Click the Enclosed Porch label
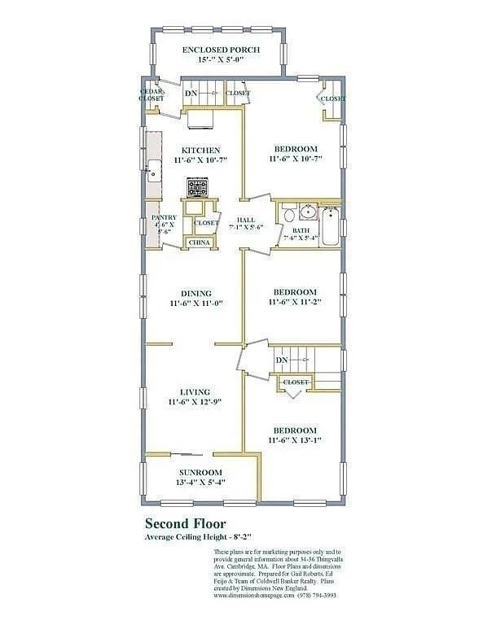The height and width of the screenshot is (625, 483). pos(221,50)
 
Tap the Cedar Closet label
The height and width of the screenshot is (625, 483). pos(151,95)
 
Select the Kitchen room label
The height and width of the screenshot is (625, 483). pos(200,150)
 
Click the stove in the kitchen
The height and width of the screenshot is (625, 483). pos(196,189)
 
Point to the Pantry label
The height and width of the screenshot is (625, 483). pos(164,217)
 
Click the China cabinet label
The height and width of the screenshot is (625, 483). pos(200,243)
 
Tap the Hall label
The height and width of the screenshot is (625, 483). pos(245,221)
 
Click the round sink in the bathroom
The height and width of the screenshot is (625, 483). pos(306,214)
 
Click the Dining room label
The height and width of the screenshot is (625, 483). pos(196,293)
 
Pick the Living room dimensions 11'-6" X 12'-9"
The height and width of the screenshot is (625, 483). pos(195,401)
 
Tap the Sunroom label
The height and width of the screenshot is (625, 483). pos(200,472)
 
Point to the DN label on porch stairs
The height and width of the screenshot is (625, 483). pos(192,94)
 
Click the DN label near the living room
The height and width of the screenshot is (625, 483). pos(282,360)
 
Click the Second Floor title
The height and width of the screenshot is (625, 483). pos(186,523)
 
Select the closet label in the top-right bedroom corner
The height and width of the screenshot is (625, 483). pos(332,98)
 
